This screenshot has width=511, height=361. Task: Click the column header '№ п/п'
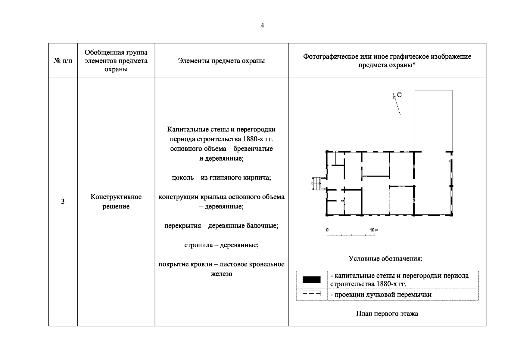coord(63,61)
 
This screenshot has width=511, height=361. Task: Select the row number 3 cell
coord(63,202)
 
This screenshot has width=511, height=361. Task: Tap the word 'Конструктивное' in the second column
coord(116,197)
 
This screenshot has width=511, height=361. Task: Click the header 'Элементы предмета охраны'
coord(221,61)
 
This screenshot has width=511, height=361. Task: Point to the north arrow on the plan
coord(397,104)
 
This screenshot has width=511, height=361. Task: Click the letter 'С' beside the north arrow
coord(399,95)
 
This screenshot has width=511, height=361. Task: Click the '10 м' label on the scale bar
coord(374,230)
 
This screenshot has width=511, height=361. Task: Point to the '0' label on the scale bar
coord(327,230)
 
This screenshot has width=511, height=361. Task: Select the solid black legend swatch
coord(311,280)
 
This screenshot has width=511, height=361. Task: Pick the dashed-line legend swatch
coord(311,294)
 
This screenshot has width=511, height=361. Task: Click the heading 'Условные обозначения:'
coord(385,259)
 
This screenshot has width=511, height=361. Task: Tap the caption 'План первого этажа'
coord(387,314)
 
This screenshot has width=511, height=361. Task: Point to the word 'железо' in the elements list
coord(221,274)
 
